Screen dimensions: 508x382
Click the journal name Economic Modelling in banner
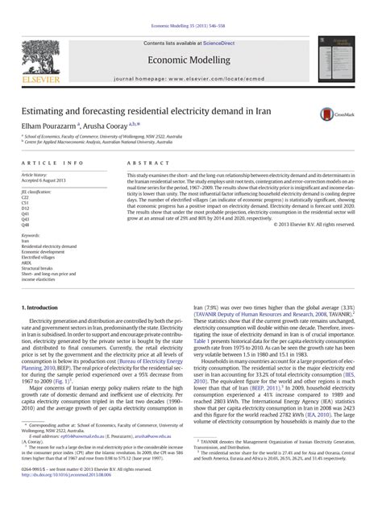coord(190,59)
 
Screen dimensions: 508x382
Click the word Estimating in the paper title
coord(46,110)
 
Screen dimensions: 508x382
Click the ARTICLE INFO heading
coord(51,163)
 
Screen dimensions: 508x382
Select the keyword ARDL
coord(26,262)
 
